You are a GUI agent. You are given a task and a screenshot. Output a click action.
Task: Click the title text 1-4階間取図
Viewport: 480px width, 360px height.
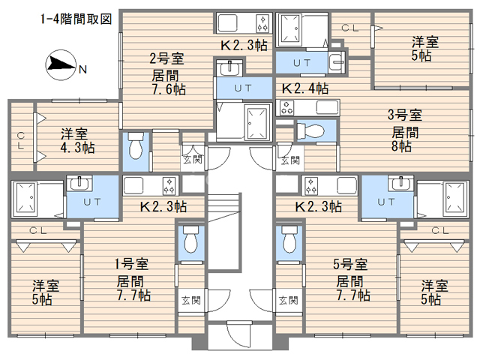click(76, 19)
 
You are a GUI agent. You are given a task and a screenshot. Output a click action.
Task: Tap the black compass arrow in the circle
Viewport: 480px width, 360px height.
click(63, 64)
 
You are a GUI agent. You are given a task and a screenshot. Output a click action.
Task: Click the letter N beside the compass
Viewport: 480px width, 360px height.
click(82, 70)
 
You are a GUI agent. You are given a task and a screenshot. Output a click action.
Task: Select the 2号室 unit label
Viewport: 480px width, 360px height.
click(166, 58)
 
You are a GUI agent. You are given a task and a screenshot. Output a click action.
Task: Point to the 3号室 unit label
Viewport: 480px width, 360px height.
click(405, 115)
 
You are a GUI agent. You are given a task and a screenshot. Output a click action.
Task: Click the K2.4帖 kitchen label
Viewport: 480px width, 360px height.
click(305, 88)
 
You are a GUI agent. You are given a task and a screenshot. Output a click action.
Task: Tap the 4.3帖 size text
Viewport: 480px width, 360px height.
click(77, 148)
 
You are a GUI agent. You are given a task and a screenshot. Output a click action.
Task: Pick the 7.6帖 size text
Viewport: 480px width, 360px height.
click(169, 89)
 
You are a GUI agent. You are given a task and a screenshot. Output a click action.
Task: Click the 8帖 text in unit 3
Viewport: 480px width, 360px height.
click(401, 146)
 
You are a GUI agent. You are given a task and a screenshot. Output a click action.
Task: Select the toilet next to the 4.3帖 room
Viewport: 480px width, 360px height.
click(136, 145)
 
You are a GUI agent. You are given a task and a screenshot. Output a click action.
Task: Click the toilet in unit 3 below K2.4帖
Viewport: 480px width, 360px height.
click(310, 131)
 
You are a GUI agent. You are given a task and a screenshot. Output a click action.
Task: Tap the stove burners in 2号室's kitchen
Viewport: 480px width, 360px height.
click(262, 23)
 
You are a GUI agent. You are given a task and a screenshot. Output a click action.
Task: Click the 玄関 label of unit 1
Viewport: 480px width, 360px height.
click(191, 301)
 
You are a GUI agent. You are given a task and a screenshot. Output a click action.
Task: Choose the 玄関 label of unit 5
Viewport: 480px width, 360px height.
click(288, 301)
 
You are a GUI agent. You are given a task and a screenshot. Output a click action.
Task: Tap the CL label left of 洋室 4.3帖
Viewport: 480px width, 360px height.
click(20, 140)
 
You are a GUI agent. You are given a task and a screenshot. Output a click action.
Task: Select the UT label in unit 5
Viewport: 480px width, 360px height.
click(386, 202)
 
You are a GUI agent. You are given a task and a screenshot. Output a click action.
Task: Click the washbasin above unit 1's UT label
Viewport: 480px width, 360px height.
click(79, 183)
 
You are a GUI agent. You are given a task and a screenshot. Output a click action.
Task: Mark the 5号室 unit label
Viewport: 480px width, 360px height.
click(350, 264)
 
